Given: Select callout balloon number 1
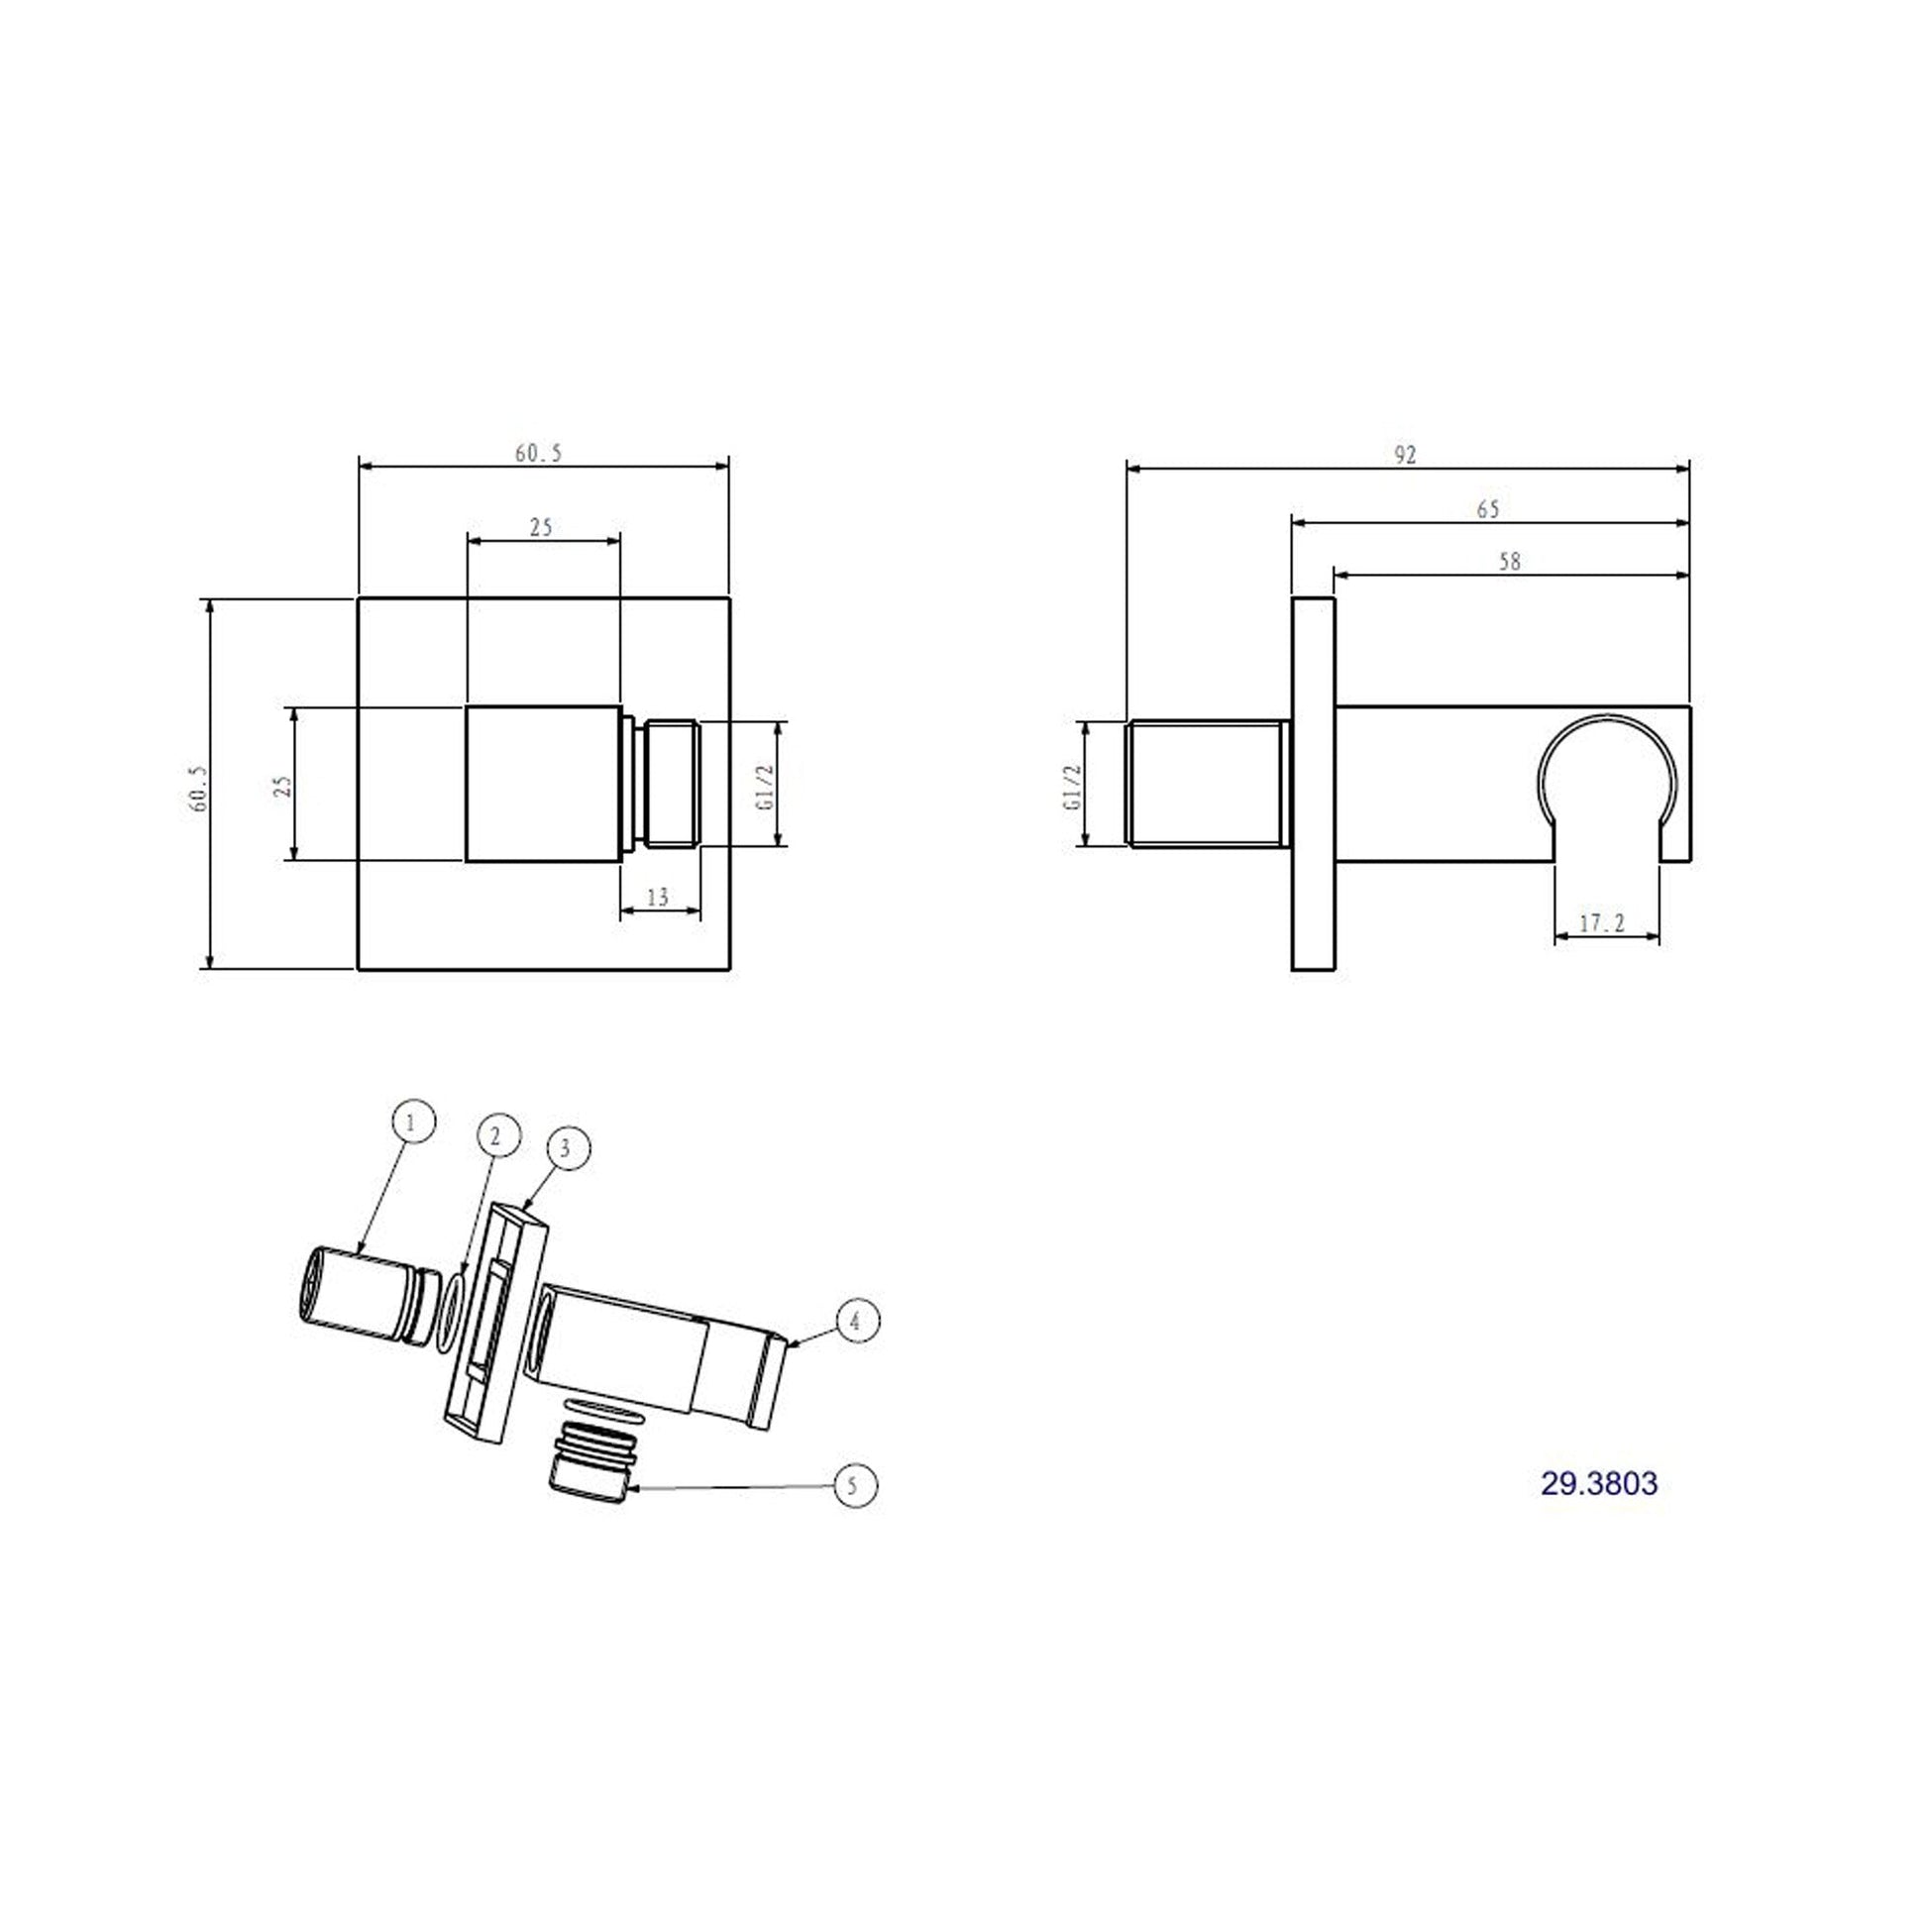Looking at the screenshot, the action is tap(414, 1122).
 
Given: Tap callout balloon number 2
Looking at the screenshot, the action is tap(499, 1134).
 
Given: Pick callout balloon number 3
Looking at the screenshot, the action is tap(566, 1148).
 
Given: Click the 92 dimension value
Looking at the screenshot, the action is tap(1405, 455).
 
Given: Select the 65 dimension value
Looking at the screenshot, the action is tap(1488, 510).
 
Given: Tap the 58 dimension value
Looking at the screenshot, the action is tap(1510, 563).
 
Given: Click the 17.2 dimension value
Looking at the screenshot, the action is tap(1603, 924).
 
